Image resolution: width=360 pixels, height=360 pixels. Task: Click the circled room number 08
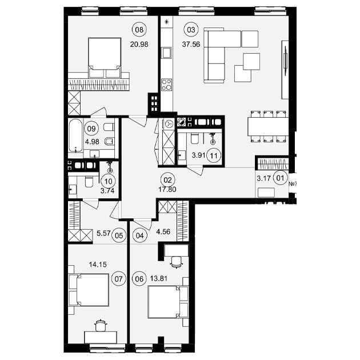point(139,30)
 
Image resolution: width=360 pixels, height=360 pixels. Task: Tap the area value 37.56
point(191,44)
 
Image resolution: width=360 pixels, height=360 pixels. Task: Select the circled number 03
point(191,30)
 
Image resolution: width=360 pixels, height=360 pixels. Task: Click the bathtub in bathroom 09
point(75,135)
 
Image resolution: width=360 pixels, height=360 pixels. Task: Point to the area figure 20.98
point(139,44)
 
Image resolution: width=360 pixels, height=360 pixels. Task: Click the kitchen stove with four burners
point(166,85)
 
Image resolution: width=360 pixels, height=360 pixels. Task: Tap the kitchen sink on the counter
point(166,53)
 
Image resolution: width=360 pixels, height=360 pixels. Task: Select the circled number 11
point(214,155)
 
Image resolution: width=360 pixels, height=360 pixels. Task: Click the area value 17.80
point(167,189)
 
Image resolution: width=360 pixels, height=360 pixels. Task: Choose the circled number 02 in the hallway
point(168,180)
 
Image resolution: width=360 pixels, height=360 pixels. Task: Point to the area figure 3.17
point(263,178)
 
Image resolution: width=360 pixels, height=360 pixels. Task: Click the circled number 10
point(109,181)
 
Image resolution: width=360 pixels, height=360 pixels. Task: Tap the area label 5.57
point(103,234)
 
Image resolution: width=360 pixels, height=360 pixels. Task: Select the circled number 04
point(139,235)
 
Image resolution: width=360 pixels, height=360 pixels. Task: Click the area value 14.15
point(98,265)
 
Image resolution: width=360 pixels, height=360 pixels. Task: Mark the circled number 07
point(119,279)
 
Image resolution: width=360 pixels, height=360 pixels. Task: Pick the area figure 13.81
point(159,278)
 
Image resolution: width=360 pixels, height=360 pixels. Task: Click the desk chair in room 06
point(177,262)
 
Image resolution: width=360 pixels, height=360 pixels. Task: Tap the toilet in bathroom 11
point(195,139)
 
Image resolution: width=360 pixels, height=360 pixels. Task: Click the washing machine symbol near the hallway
point(169,124)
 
